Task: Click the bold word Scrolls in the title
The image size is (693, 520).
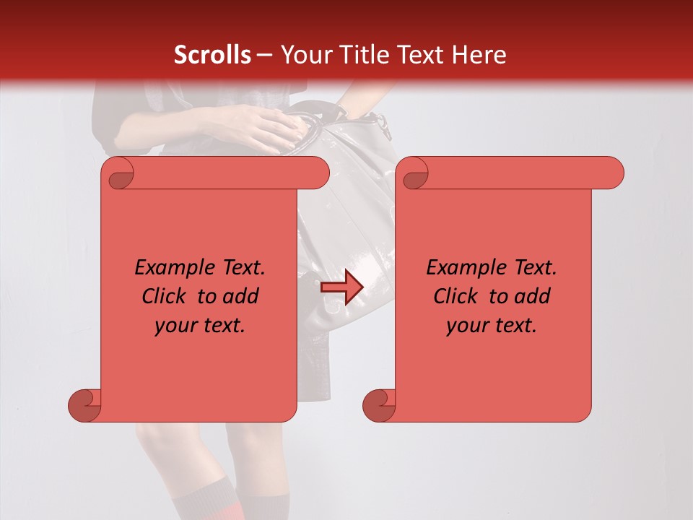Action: pyautogui.click(x=212, y=55)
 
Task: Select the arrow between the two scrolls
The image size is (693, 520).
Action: pyautogui.click(x=342, y=287)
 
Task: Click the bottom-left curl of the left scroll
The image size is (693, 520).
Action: pyautogui.click(x=84, y=405)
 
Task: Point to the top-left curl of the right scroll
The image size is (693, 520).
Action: pyautogui.click(x=414, y=174)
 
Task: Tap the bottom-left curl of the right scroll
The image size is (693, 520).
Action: pyautogui.click(x=379, y=405)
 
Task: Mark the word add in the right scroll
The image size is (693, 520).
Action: pyautogui.click(x=533, y=297)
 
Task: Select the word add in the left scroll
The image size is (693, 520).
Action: pyautogui.click(x=242, y=297)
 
